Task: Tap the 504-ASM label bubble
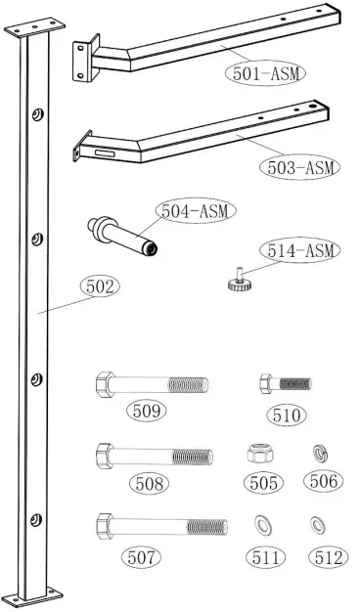[x=199, y=212]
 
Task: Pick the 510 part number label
[x=287, y=414]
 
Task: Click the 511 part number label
[x=266, y=558]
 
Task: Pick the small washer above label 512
[x=316, y=522]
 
